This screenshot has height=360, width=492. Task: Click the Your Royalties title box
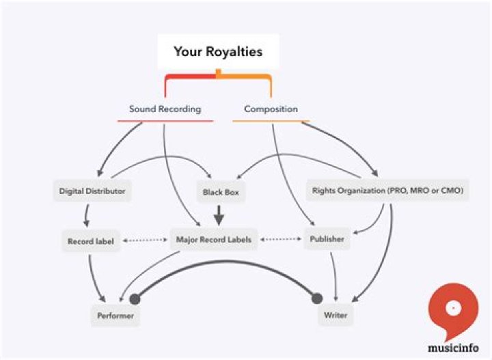[217, 52]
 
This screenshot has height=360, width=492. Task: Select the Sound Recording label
[165, 109]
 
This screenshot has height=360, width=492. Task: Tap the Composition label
[271, 109]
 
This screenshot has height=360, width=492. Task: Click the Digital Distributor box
[92, 192]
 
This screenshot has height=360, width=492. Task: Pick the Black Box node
[219, 193]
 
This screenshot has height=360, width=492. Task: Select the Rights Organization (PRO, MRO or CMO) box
[387, 192]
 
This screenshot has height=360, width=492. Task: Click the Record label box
[90, 241]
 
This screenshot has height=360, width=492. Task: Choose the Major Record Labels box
[213, 240]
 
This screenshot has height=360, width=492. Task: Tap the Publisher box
[327, 240]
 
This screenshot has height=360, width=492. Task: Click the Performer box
[115, 316]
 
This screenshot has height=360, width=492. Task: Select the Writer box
[336, 316]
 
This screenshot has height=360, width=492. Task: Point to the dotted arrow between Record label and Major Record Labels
[144, 240]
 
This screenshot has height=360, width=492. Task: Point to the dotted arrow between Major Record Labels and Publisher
[281, 240]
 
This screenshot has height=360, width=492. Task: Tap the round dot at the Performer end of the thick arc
[134, 298]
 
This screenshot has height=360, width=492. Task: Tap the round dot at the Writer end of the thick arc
[316, 298]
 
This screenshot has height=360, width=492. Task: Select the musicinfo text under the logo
[452, 346]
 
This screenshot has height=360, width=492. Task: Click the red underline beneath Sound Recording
[165, 122]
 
